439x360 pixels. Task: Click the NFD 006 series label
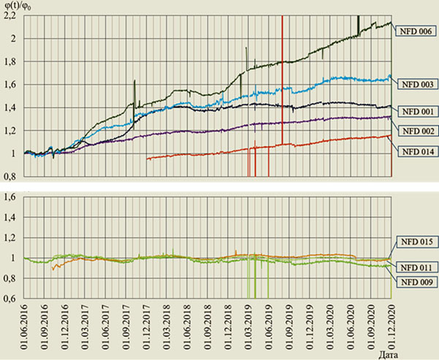[416, 31]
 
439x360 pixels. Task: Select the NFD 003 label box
[416, 84]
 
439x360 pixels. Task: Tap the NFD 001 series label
[416, 112]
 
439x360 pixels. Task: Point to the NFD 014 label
[416, 151]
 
